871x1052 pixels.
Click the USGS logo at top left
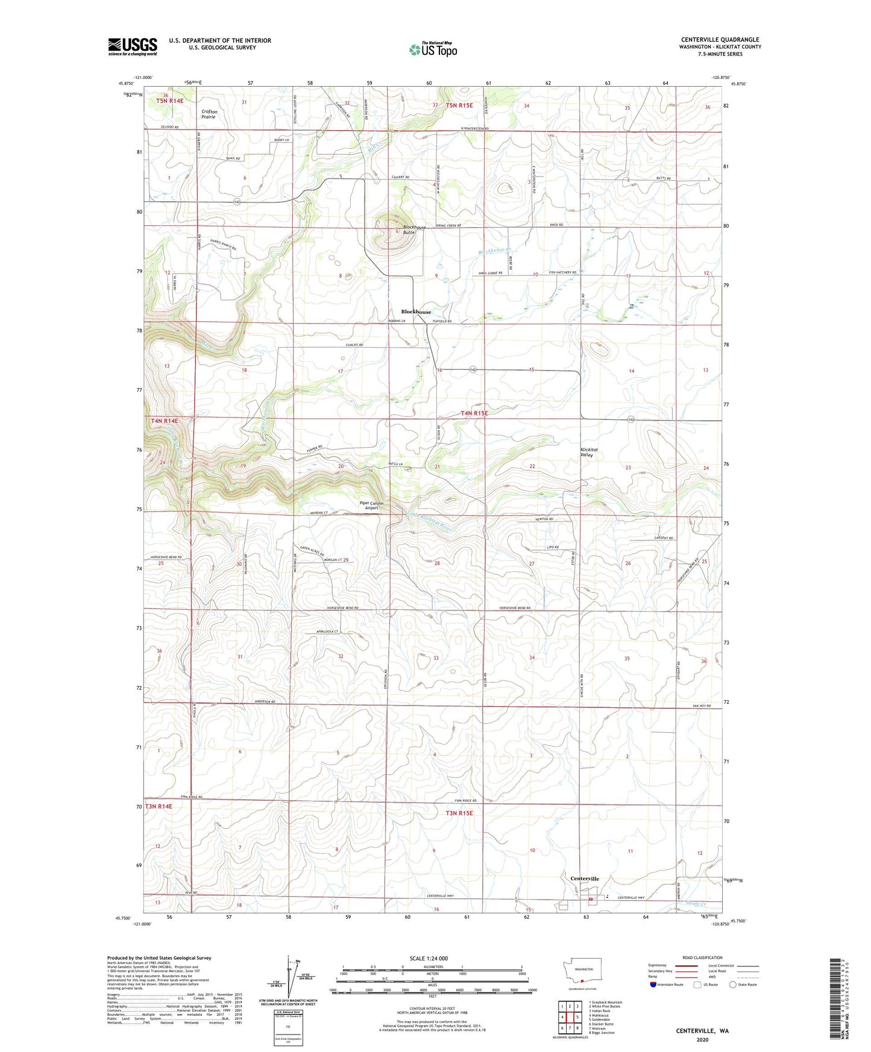[133, 46]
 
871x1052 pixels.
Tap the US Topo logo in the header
[433, 49]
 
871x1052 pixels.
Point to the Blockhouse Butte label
[414, 230]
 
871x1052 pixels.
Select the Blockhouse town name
[416, 312]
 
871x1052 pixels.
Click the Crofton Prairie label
[209, 114]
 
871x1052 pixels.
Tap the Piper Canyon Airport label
[371, 506]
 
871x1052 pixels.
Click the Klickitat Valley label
[586, 452]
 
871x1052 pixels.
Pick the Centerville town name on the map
[584, 879]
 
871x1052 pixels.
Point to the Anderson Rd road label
[265, 702]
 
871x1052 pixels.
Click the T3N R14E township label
[158, 806]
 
